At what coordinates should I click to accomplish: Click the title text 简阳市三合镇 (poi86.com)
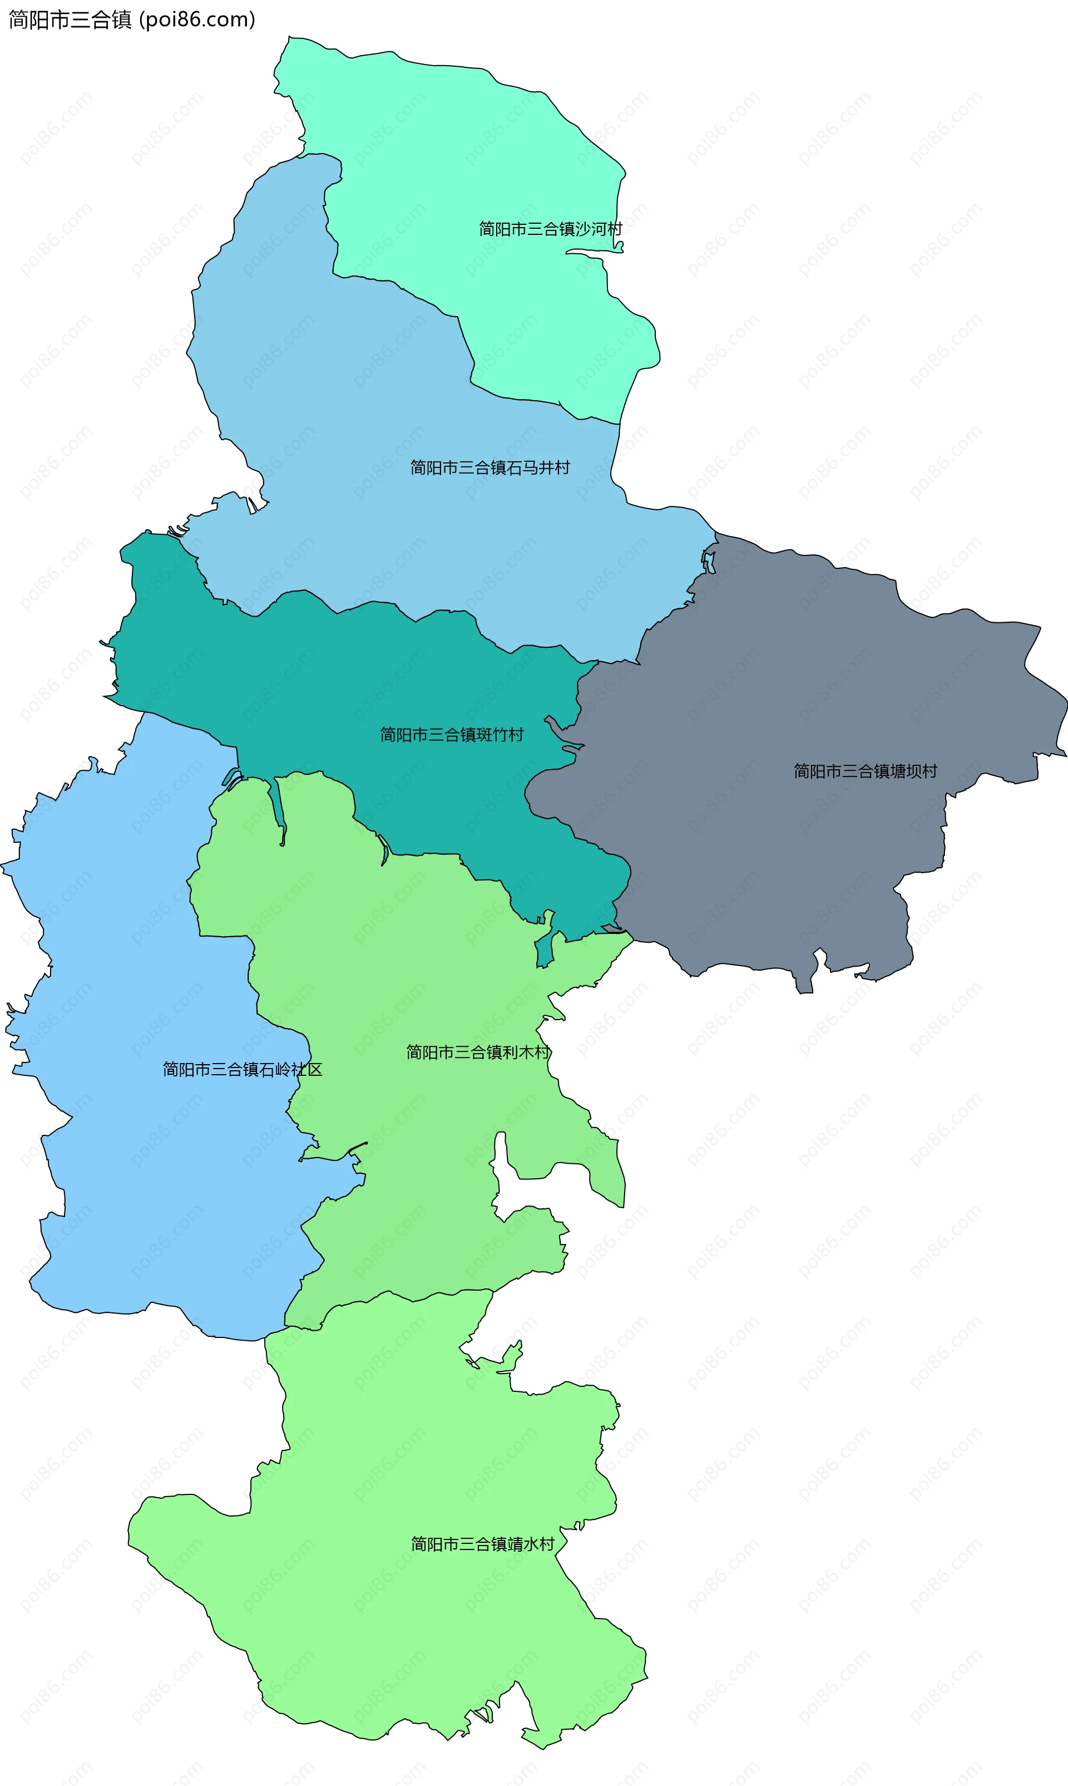coord(132,19)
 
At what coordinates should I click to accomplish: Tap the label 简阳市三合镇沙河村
coord(551,229)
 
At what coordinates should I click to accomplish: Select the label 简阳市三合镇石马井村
coord(490,468)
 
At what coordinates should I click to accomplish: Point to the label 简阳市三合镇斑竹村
coord(452,734)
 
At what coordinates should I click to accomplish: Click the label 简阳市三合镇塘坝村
coord(865,771)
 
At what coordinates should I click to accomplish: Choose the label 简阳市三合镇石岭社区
coord(243,1070)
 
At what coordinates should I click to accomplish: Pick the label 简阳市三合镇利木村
coord(478,1052)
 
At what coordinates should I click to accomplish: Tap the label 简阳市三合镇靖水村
coord(483,1544)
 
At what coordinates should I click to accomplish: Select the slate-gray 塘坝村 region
coord(792,684)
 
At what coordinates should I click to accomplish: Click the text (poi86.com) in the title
coord(197,19)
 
